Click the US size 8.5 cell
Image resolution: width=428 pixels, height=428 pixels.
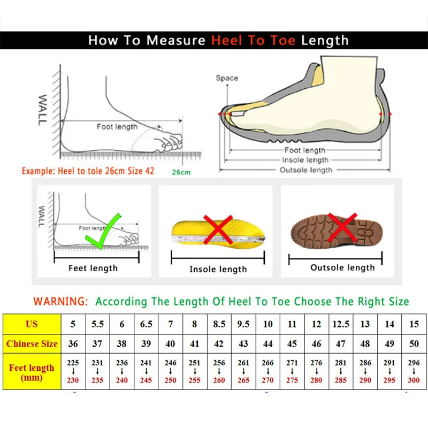(219, 324)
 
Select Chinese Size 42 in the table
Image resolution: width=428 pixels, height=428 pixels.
(219, 344)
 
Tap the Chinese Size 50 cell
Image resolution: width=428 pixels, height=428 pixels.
(414, 344)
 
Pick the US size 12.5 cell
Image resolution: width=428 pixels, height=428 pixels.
(341, 324)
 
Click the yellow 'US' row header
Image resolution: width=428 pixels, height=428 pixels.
(32, 324)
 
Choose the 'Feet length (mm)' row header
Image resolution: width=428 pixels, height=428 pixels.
(32, 372)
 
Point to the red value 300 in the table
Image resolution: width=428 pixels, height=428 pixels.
(414, 380)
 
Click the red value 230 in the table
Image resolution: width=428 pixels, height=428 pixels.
(73, 380)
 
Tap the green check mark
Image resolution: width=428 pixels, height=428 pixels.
(104, 230)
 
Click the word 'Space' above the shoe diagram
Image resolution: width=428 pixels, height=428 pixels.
(227, 78)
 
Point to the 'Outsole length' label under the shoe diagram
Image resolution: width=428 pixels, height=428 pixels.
(306, 170)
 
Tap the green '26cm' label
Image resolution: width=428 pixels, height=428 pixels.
(181, 172)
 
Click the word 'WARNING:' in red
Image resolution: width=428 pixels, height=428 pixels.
(60, 302)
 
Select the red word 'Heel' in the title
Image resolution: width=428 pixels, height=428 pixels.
(226, 40)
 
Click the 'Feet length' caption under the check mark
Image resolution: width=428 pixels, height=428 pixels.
(93, 268)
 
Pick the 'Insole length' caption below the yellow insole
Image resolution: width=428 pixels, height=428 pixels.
(218, 269)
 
